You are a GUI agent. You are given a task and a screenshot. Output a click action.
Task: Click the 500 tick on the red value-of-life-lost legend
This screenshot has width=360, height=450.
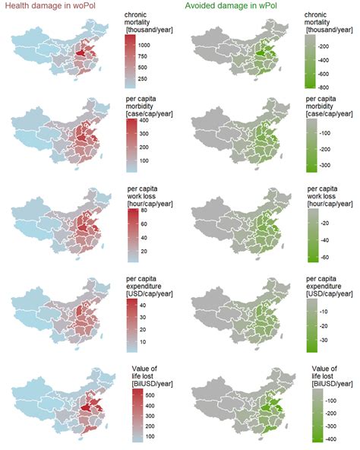144,395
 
